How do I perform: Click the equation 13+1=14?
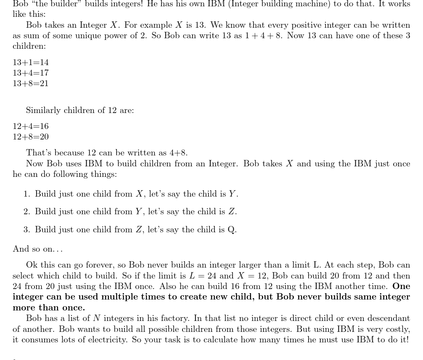click(x=31, y=63)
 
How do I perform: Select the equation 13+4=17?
click(x=31, y=73)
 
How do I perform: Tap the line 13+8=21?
click(x=31, y=84)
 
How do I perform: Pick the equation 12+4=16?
click(x=31, y=126)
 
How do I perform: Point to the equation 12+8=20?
click(x=31, y=137)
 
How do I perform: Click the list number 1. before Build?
click(x=27, y=194)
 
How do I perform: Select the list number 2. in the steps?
click(x=27, y=212)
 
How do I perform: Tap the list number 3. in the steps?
click(x=27, y=230)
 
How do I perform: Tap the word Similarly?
click(x=43, y=110)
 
